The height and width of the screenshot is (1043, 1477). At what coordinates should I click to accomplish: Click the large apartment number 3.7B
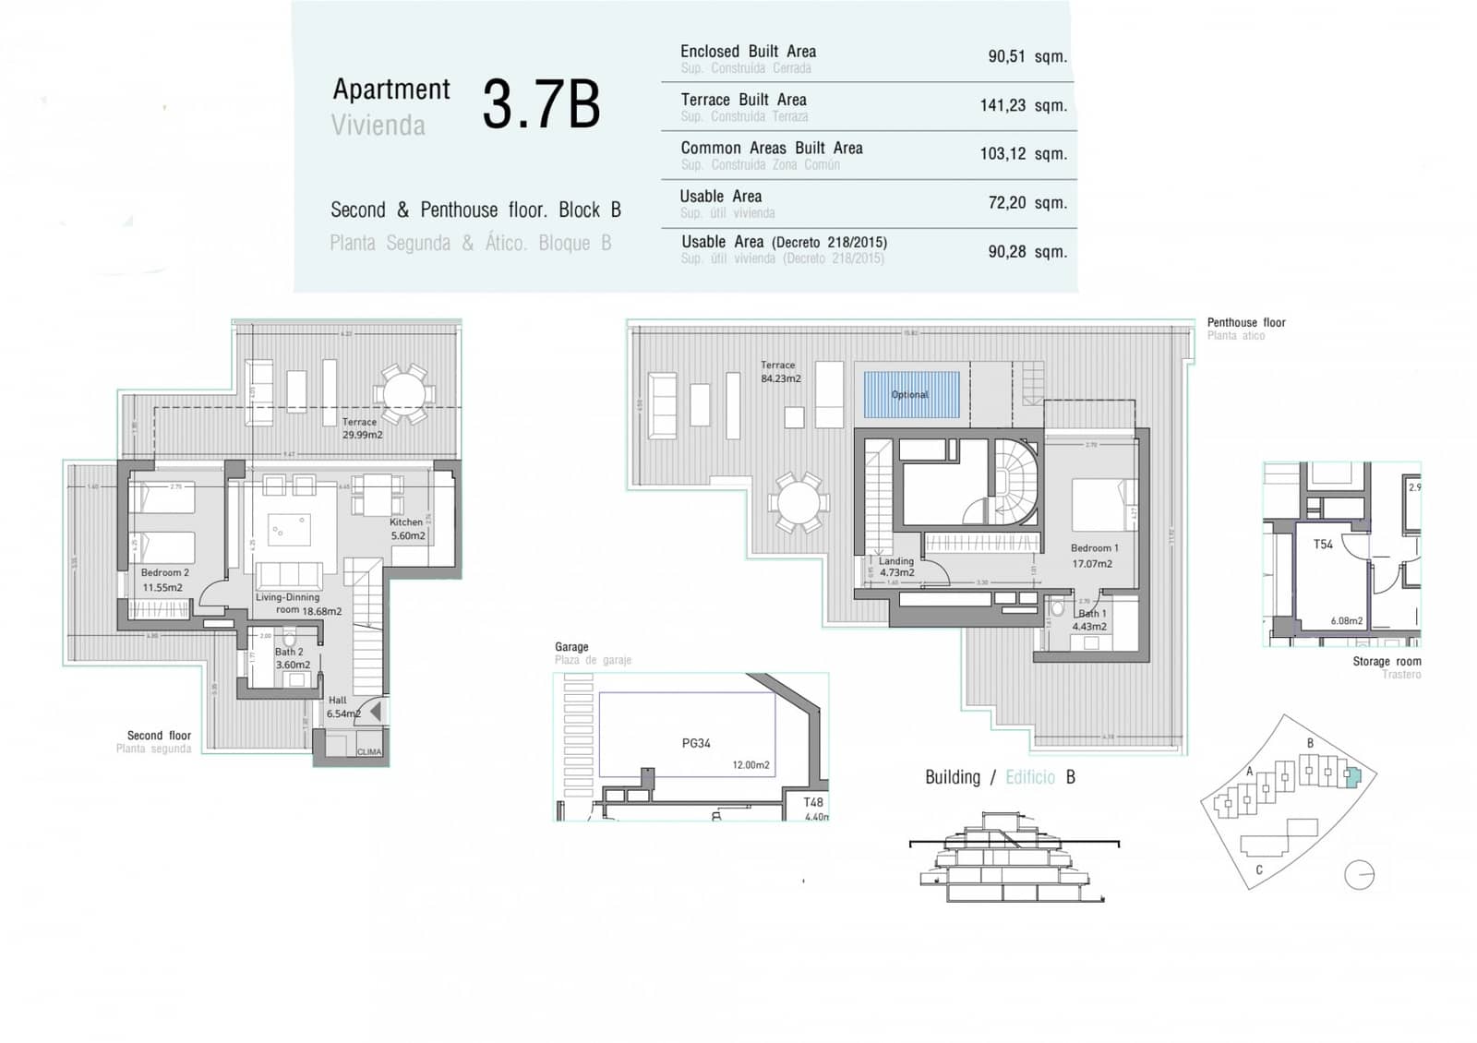tap(541, 105)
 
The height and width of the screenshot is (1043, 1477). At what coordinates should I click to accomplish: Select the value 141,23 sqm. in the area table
tap(1023, 106)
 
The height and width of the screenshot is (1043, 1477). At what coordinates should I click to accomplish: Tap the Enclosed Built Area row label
tap(748, 52)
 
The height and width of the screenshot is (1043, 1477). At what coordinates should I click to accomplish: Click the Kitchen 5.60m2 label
tap(407, 529)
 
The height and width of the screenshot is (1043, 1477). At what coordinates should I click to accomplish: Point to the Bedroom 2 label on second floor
tap(164, 580)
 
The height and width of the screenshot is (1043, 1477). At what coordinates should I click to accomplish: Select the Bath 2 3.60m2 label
tap(292, 658)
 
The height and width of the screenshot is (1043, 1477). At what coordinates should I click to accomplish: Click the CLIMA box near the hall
tap(368, 751)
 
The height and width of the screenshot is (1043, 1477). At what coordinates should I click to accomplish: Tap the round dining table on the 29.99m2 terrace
tap(404, 395)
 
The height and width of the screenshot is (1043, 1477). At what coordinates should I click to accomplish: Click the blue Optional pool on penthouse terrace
tap(910, 395)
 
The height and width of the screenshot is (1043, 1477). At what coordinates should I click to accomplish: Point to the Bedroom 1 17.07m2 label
tap(1093, 556)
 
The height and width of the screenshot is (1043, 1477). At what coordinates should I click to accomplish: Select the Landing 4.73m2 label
tap(895, 567)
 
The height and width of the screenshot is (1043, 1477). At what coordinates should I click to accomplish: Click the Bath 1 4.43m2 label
tap(1090, 620)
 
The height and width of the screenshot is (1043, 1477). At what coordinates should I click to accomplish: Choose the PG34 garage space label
tap(696, 743)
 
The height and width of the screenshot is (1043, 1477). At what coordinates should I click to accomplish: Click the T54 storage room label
tap(1323, 545)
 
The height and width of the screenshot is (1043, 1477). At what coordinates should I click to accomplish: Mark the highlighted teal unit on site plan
tap(1351, 777)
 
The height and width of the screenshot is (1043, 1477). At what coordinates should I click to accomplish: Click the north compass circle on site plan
tap(1359, 874)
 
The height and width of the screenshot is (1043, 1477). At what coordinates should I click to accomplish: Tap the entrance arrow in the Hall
tap(374, 712)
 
